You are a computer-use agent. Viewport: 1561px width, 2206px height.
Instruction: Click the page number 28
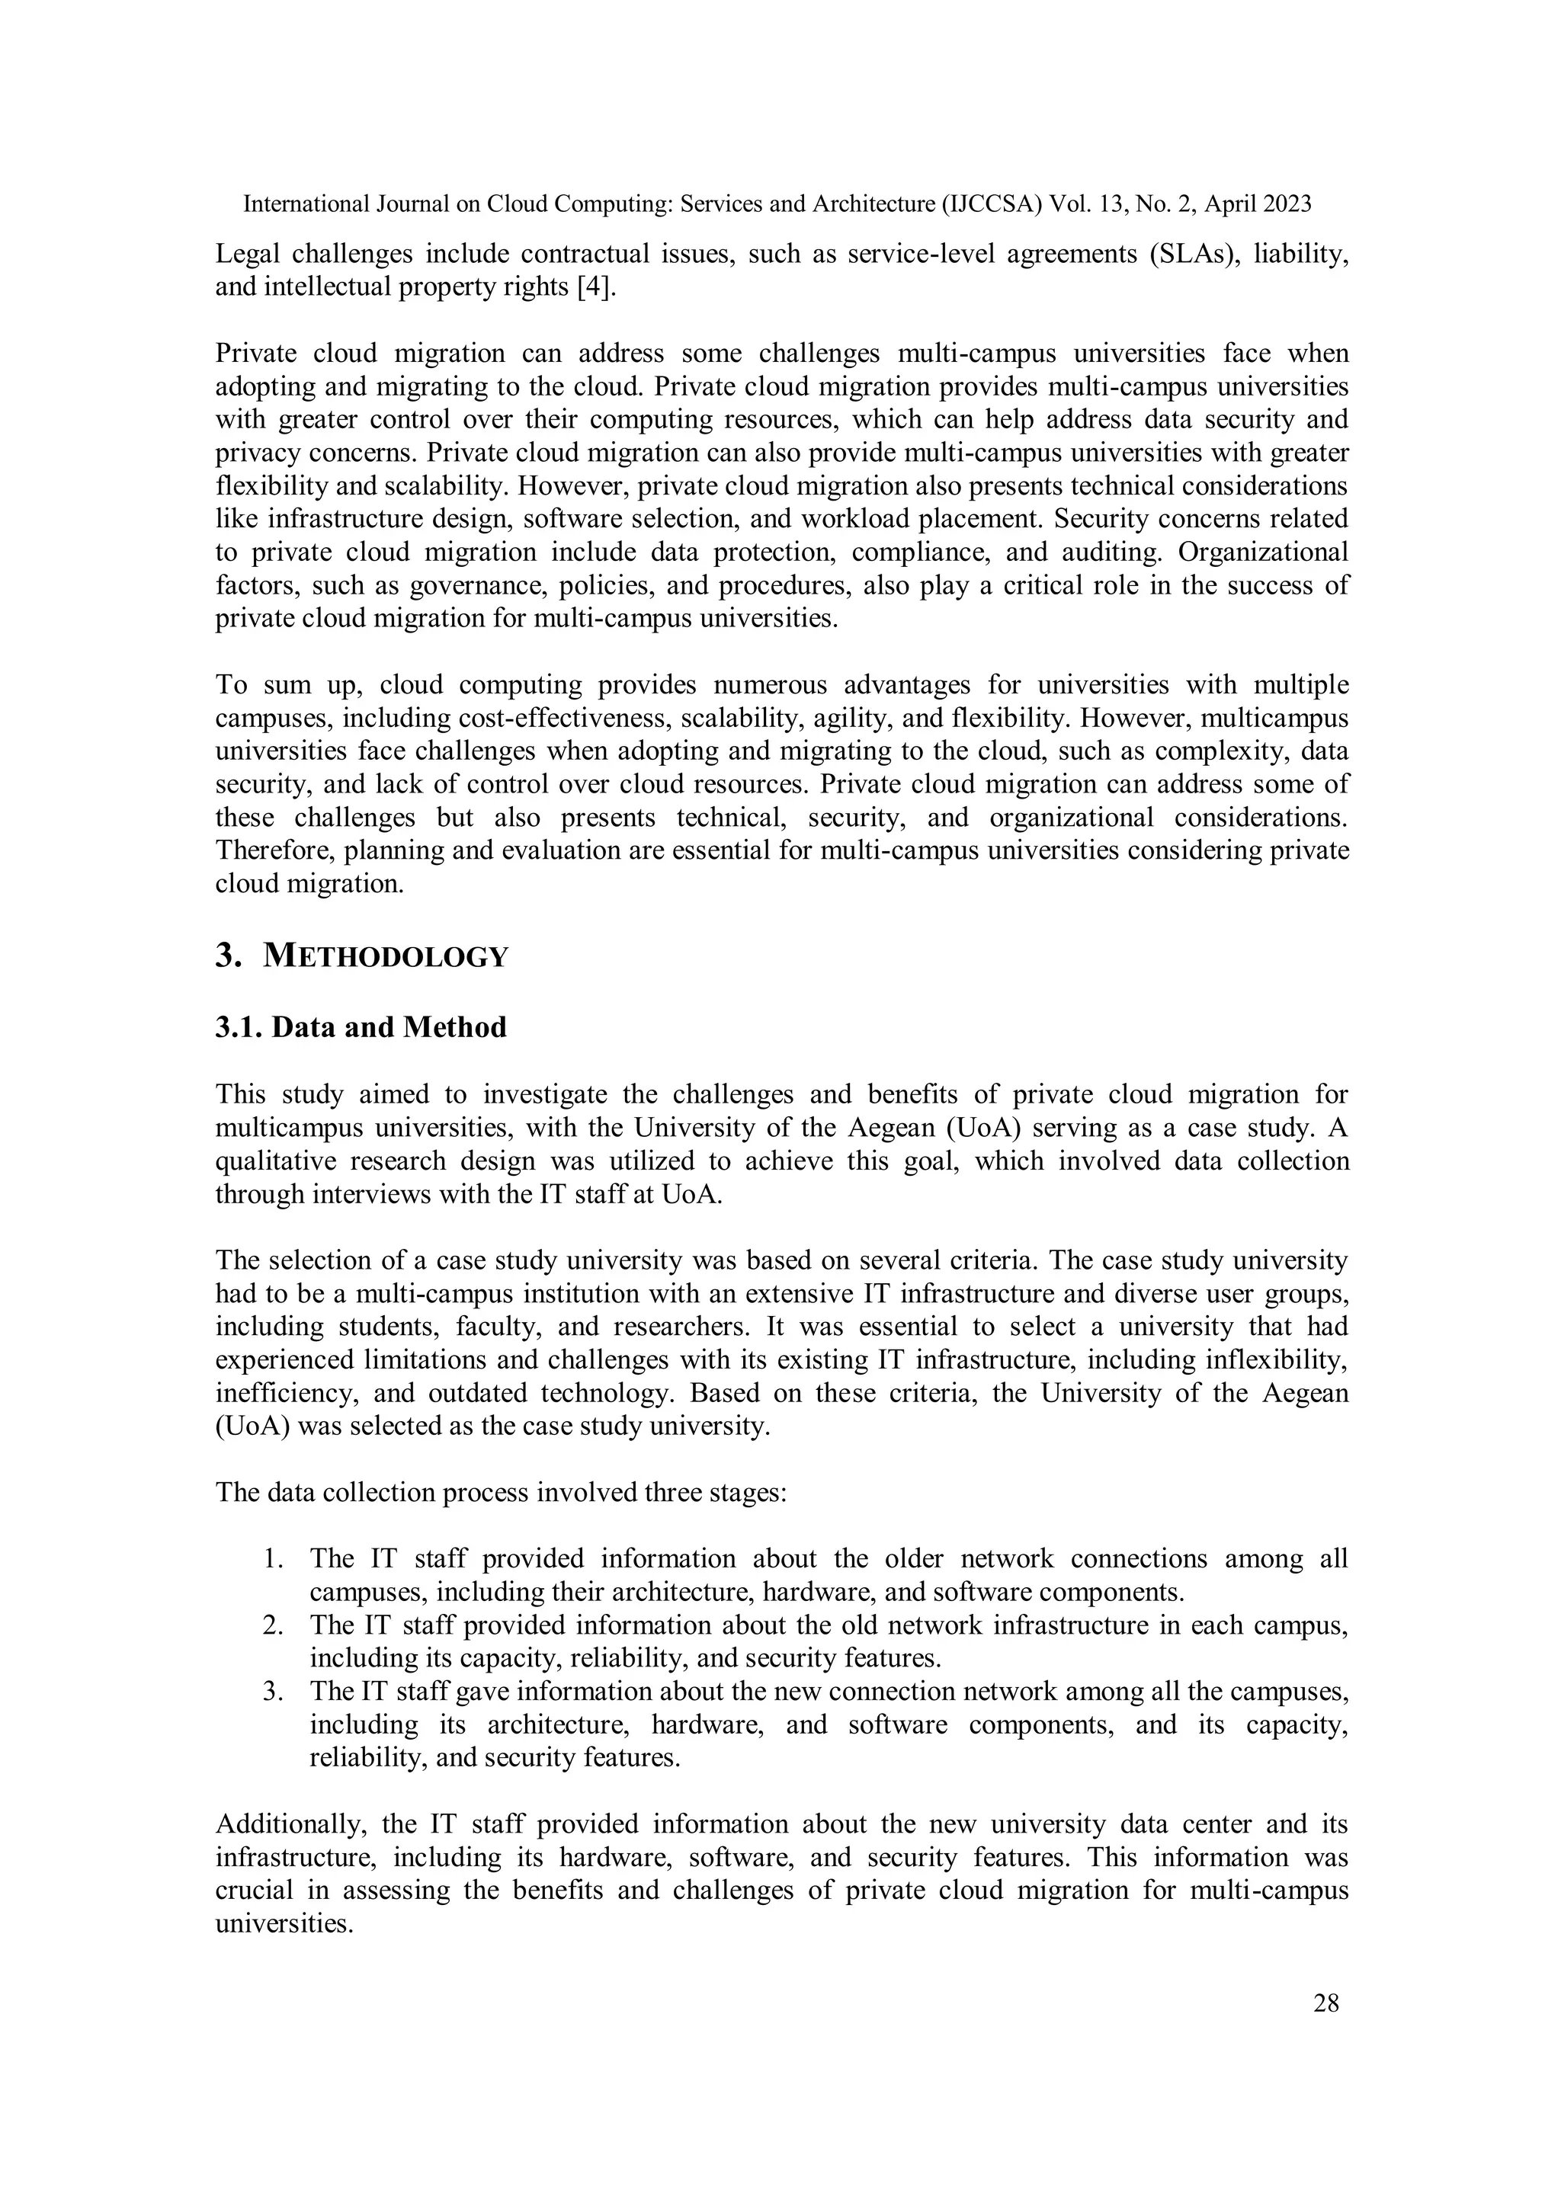(x=1325, y=2003)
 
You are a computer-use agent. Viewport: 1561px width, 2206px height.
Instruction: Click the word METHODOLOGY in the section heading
(x=386, y=957)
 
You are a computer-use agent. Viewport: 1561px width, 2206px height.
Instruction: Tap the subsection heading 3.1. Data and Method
(x=361, y=1027)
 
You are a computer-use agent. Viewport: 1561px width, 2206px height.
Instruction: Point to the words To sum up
(x=287, y=685)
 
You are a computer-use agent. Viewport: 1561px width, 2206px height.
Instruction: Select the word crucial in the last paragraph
(x=255, y=1891)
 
